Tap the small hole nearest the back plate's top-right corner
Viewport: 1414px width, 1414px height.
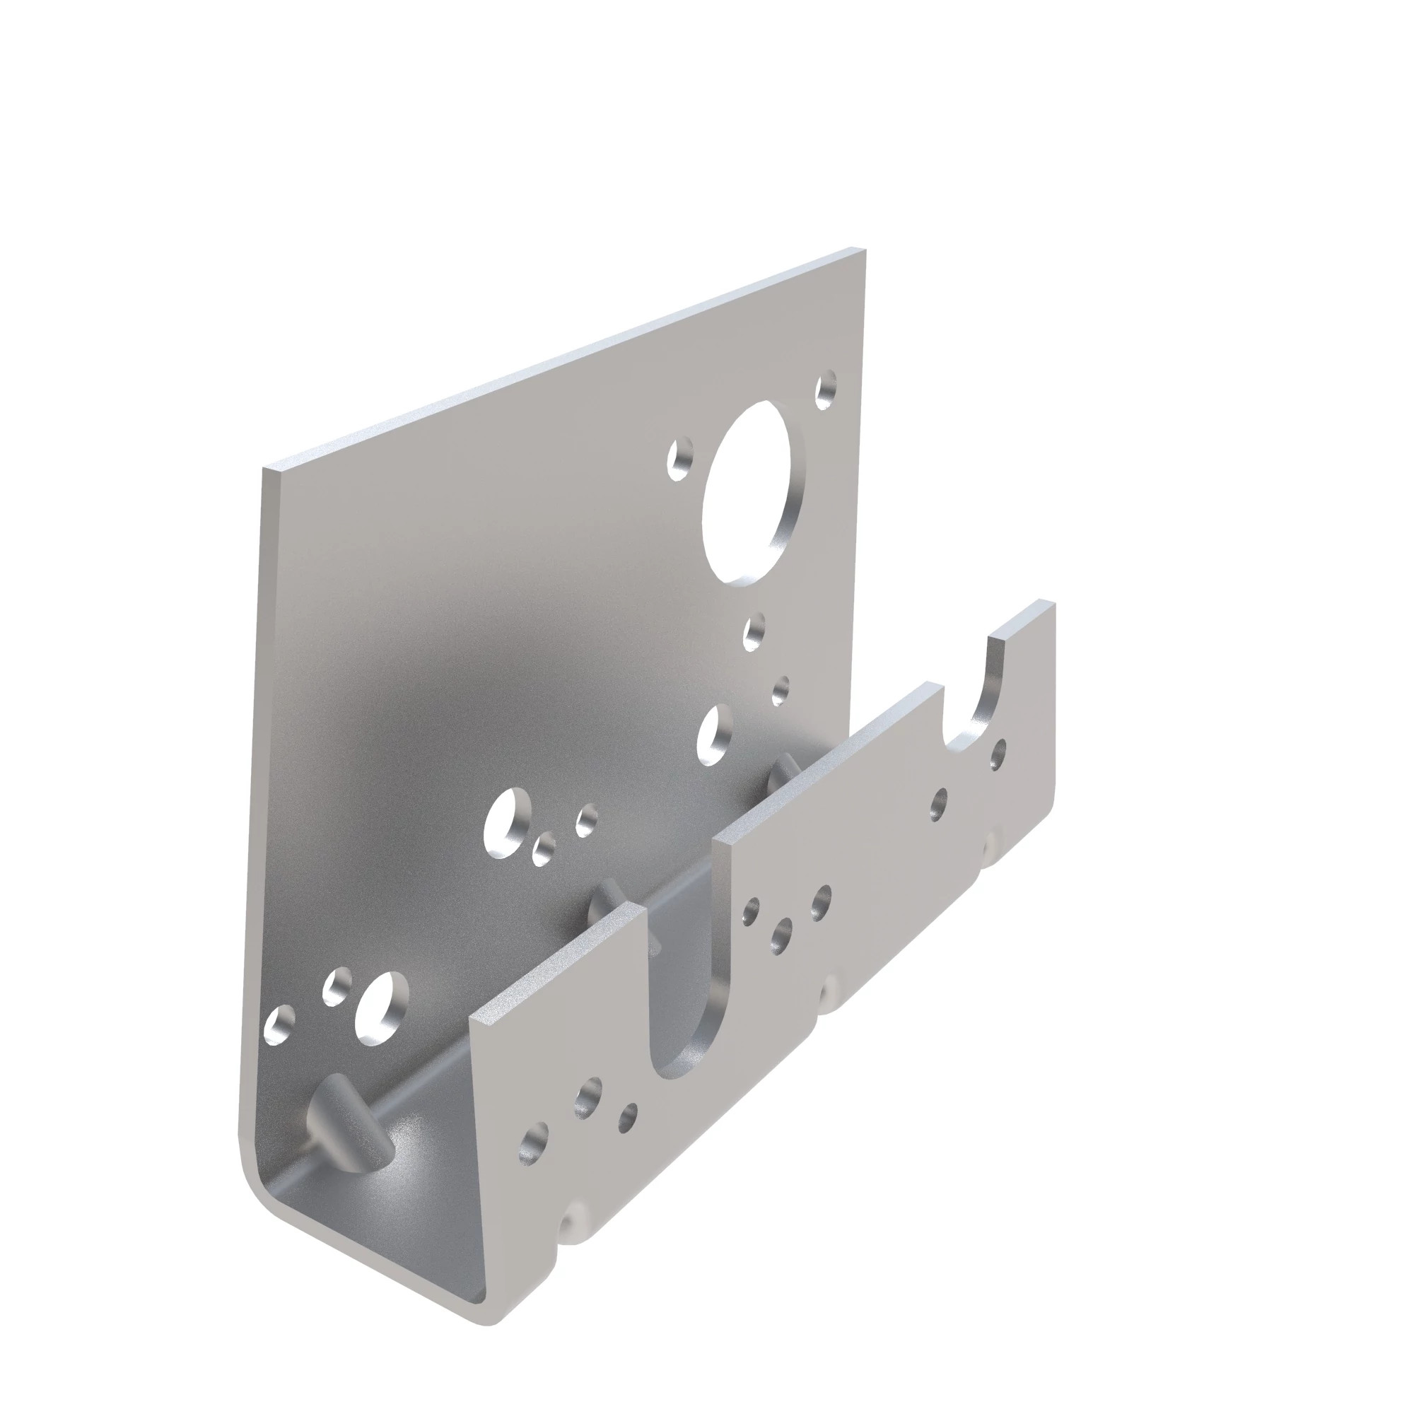[x=826, y=389]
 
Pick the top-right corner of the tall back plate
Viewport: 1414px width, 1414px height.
[x=864, y=250]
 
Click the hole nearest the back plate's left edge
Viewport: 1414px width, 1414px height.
[x=279, y=1024]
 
